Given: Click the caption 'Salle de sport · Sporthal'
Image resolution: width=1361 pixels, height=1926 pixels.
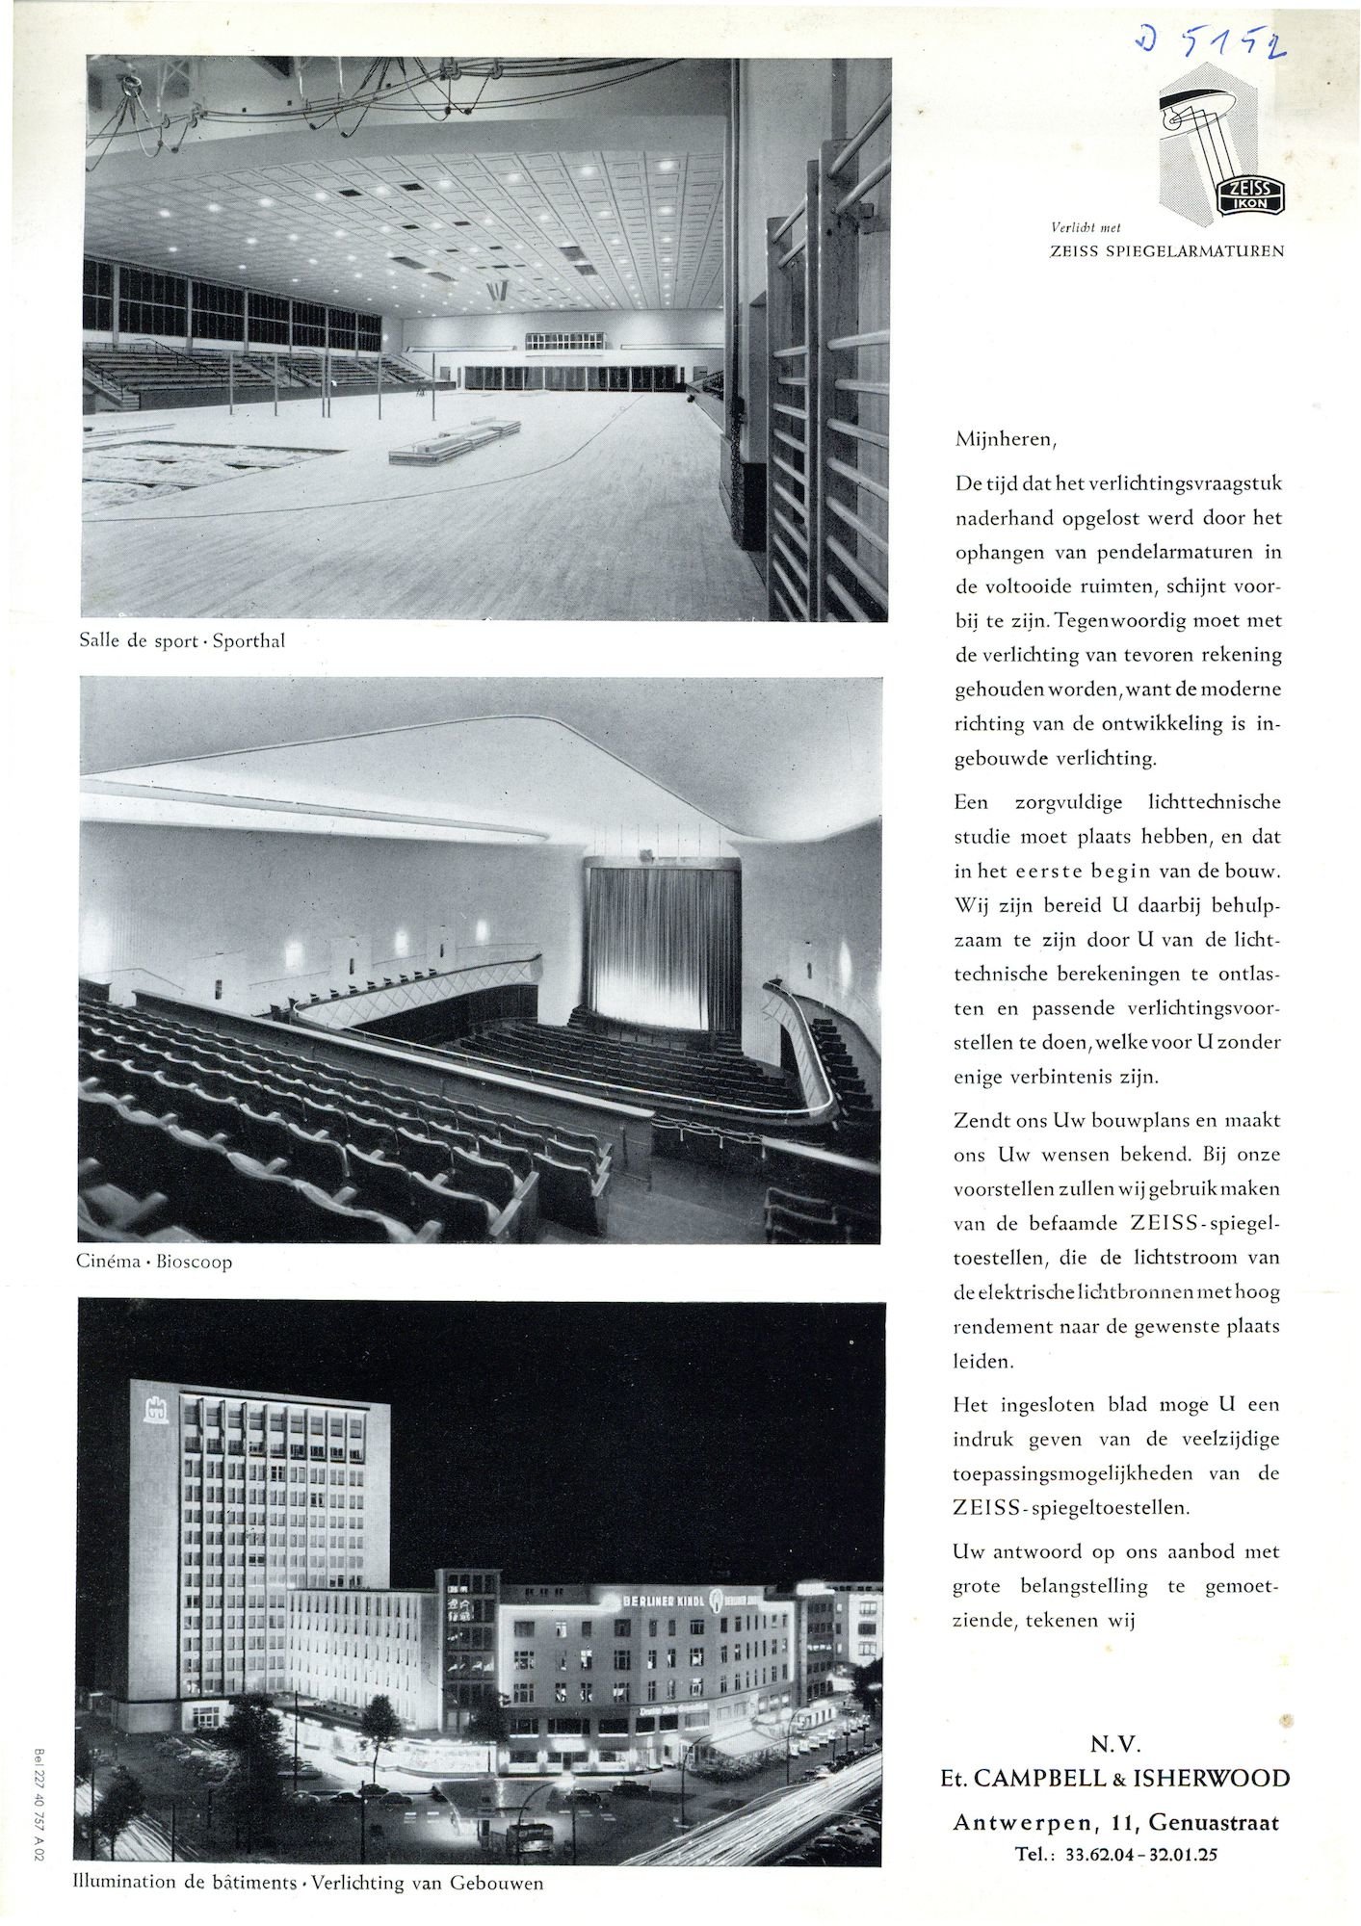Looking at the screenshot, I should tap(182, 641).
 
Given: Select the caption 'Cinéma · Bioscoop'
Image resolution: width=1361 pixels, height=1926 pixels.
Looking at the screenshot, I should tap(154, 1262).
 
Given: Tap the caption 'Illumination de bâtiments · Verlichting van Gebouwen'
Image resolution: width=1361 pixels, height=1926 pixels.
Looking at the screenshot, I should tap(308, 1883).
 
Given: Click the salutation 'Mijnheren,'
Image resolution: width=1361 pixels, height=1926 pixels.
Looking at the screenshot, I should tap(1006, 440).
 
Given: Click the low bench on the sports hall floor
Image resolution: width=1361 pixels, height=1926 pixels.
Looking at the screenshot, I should tap(453, 442).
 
